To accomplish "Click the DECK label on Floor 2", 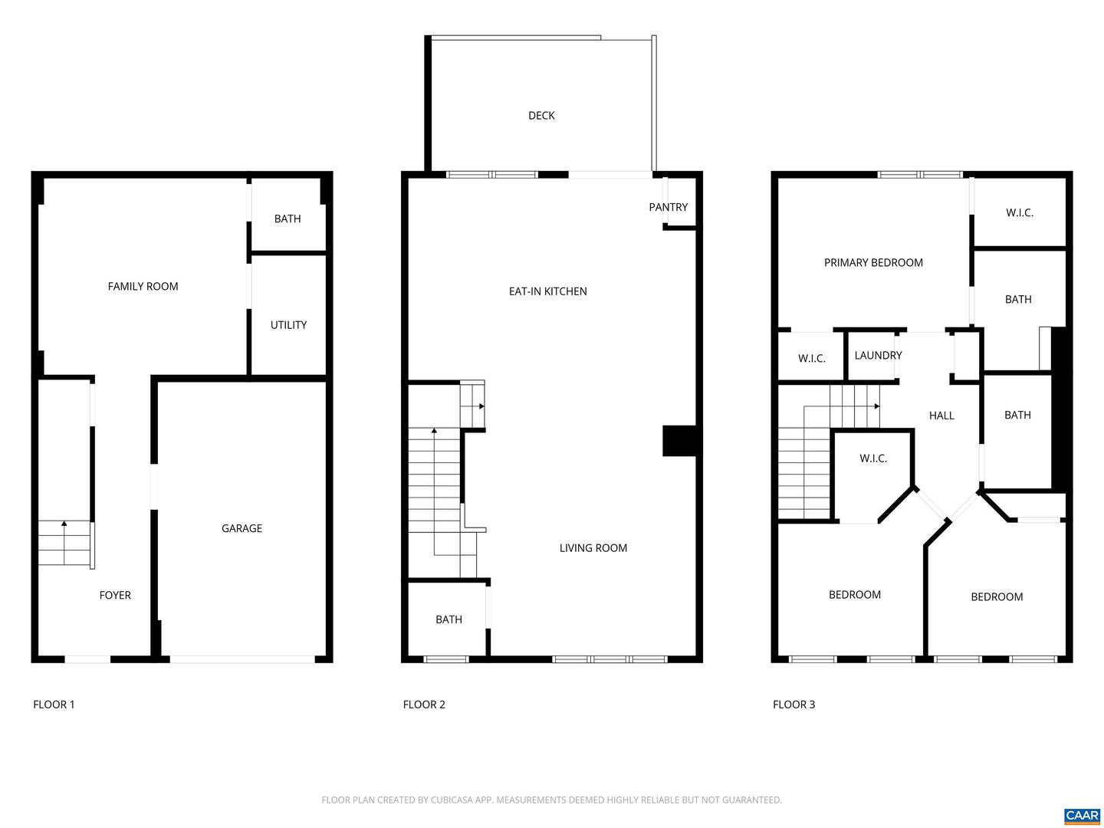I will coord(541,116).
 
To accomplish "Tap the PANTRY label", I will coord(668,207).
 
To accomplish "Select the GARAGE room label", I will coord(242,528).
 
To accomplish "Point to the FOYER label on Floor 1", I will coord(115,595).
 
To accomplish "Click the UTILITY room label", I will coord(288,325).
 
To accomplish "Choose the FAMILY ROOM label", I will coord(143,287).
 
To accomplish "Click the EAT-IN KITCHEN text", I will coord(547,291).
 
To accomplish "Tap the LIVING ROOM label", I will coord(593,548).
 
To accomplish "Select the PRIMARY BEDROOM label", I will coord(873,263).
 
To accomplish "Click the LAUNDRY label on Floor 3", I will coord(878,356).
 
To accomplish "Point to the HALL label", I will coord(941,416).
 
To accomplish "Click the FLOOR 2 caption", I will coord(424,705).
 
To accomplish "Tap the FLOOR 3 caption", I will coord(793,705).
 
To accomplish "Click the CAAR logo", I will coord(1082,816).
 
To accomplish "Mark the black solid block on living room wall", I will coord(678,441).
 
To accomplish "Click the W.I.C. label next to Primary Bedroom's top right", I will coord(1020,213).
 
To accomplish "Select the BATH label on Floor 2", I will coord(449,619).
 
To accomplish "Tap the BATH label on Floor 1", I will coord(287,219).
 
